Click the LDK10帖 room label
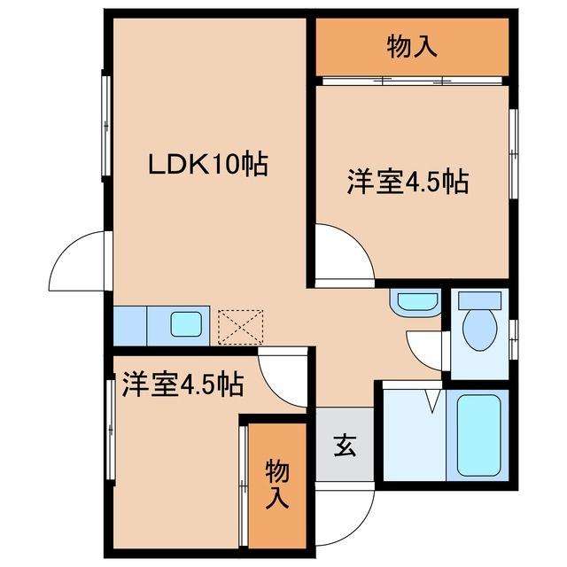[207, 166]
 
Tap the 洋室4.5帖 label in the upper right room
[407, 183]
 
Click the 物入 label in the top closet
[412, 47]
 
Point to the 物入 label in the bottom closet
[277, 484]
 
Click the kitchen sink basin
[186, 325]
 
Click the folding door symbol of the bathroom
[431, 398]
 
